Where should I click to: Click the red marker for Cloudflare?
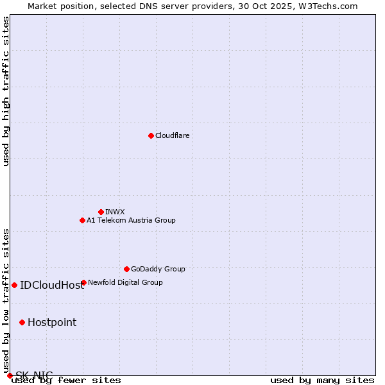(x=151, y=135)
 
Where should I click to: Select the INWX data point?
(x=101, y=212)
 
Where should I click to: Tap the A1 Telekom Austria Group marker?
(x=82, y=220)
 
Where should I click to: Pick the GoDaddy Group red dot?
(x=126, y=269)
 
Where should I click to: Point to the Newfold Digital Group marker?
(x=83, y=282)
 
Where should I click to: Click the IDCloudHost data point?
(x=14, y=285)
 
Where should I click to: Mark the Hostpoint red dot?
(x=22, y=322)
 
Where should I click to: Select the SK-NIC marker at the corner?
(x=10, y=375)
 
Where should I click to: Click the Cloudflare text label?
(x=172, y=135)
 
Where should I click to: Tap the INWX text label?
(x=115, y=212)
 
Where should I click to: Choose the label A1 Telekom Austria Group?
(x=131, y=220)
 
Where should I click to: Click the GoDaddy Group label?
(x=158, y=269)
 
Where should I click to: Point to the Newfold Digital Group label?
(x=125, y=282)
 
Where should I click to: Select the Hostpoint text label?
(x=52, y=322)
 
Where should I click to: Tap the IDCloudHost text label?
(x=52, y=285)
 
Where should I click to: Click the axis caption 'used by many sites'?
(x=322, y=380)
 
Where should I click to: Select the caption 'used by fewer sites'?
(x=67, y=380)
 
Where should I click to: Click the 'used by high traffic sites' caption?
(x=6, y=91)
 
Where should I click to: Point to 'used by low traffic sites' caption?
(x=6, y=296)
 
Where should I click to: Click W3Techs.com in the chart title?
(x=327, y=6)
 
